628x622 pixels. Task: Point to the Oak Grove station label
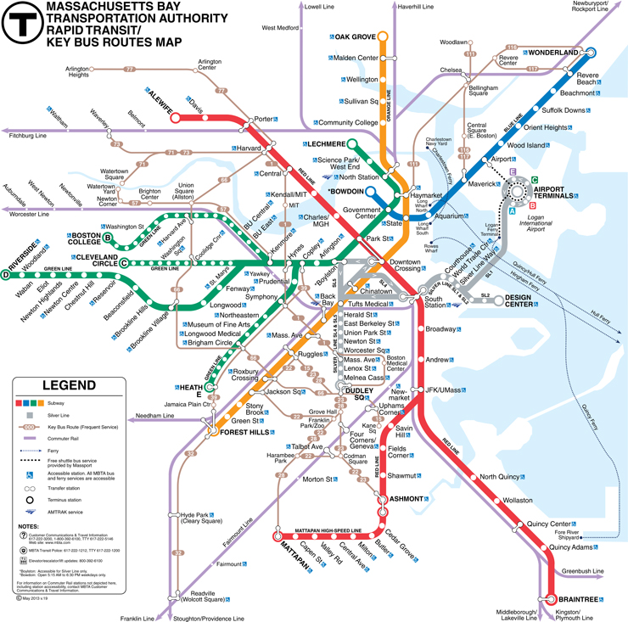tap(355, 37)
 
